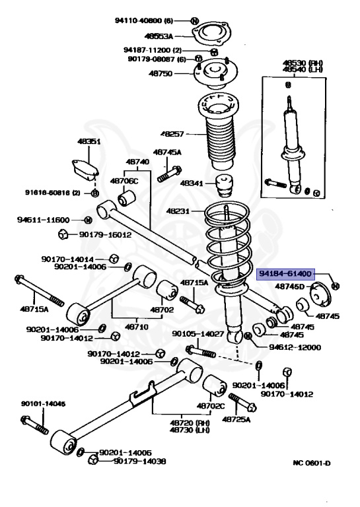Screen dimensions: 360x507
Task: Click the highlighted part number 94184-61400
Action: [x=285, y=274]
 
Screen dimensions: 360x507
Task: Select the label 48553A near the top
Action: [x=159, y=36]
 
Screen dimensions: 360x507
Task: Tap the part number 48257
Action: [x=172, y=133]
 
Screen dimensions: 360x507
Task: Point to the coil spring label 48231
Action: [x=178, y=211]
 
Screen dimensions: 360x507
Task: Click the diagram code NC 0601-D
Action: [x=312, y=463]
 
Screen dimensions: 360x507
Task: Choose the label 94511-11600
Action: [x=44, y=220]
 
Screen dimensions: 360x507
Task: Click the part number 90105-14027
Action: [x=198, y=333]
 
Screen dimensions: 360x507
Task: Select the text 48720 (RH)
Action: [x=190, y=423]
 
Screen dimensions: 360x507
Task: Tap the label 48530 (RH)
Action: [x=303, y=63]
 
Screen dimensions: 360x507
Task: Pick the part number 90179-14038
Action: [x=140, y=461]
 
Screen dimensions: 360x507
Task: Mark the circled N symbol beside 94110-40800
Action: [x=194, y=21]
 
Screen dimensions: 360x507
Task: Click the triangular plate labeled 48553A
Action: [x=211, y=34]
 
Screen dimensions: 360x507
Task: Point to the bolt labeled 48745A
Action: [x=170, y=174]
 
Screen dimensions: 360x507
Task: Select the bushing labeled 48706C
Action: [x=127, y=198]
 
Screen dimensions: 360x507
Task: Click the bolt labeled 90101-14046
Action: [x=34, y=425]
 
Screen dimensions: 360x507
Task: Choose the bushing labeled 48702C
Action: [x=215, y=387]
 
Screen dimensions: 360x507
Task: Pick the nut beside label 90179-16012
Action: [x=63, y=234]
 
